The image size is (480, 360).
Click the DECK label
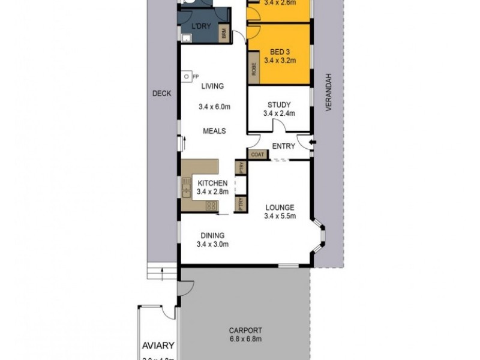161,94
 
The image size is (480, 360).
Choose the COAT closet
257,154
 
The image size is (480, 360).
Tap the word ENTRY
283,146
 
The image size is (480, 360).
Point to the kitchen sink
186,188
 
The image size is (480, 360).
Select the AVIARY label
158,346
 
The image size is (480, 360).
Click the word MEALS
214,131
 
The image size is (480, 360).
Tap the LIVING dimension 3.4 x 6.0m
215,107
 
